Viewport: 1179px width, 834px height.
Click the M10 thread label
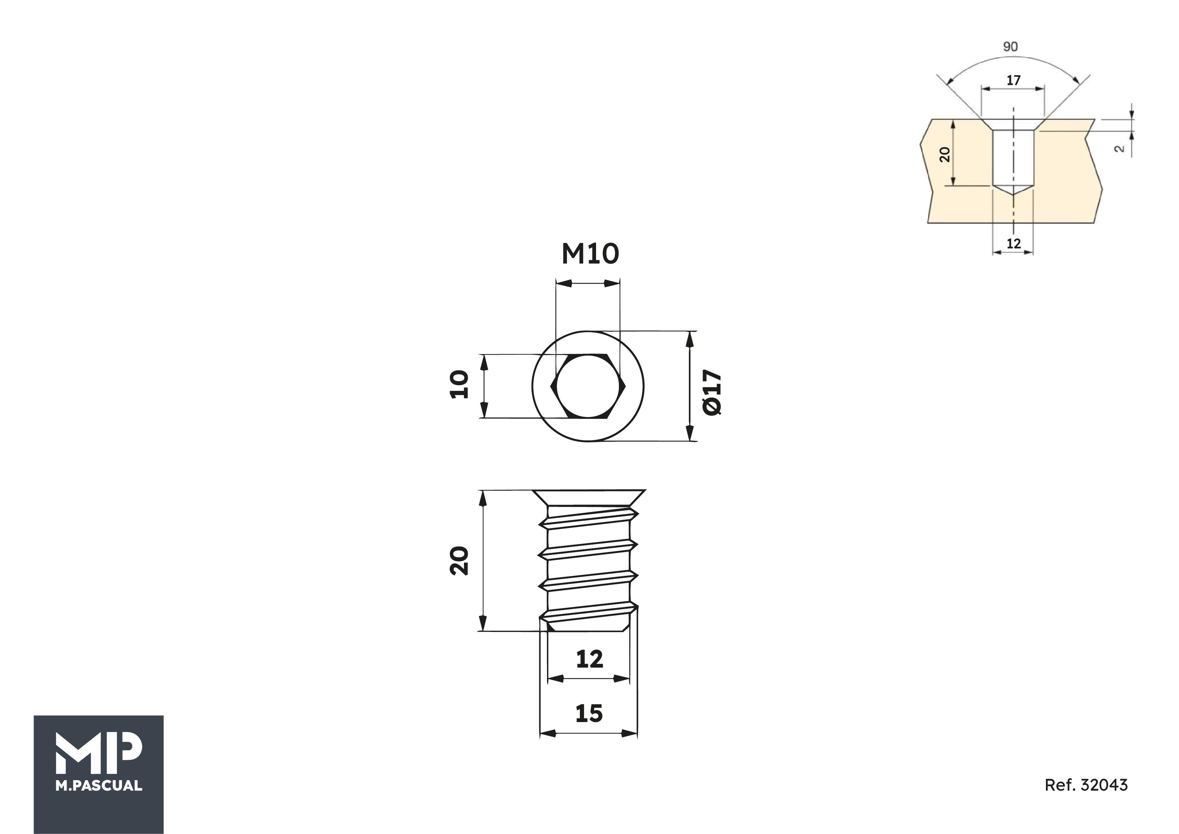(x=591, y=254)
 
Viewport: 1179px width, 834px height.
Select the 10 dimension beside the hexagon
(x=459, y=384)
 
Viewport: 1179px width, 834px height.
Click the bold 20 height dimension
(x=459, y=561)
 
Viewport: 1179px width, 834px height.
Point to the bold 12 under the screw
(x=589, y=659)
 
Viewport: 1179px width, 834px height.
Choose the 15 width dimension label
(x=589, y=713)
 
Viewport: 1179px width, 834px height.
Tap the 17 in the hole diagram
(x=1013, y=80)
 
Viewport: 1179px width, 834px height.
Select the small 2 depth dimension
(x=1120, y=149)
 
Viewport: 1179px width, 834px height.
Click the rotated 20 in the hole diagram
(x=944, y=154)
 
